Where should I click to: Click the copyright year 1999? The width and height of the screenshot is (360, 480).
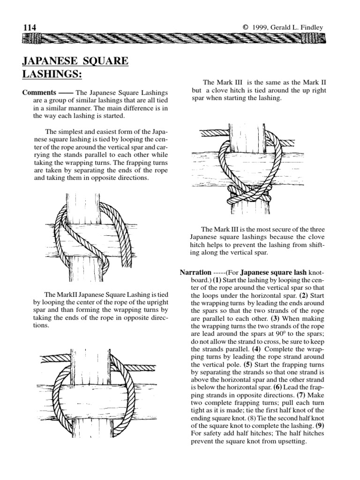[262, 28]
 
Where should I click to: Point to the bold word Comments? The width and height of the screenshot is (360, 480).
[39, 92]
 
